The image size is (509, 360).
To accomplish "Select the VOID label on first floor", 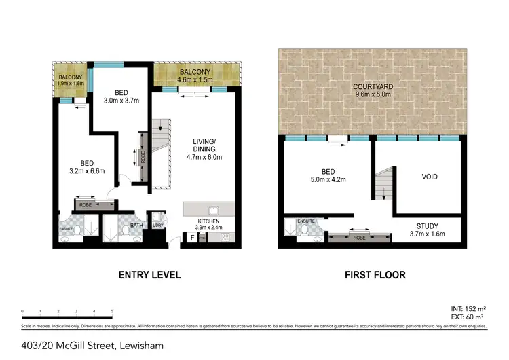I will pyautogui.click(x=430, y=177).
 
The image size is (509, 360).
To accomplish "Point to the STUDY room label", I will pyautogui.click(x=428, y=226).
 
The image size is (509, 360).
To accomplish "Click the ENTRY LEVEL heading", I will pyautogui.click(x=149, y=275).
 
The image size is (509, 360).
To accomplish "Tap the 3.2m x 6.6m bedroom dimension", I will pyautogui.click(x=87, y=171).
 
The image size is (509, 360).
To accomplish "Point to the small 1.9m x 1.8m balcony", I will pyautogui.click(x=71, y=81).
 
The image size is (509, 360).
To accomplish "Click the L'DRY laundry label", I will pyautogui.click(x=157, y=226).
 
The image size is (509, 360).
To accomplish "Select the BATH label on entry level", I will pyautogui.click(x=136, y=225).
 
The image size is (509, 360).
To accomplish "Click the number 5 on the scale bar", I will pyautogui.click(x=111, y=312).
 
